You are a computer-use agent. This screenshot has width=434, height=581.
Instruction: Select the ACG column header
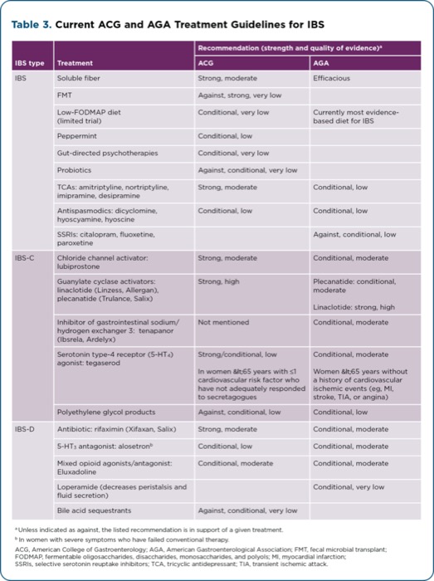(205, 63)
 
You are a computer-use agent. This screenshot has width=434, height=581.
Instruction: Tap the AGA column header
(320, 63)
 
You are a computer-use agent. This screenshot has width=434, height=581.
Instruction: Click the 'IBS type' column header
(29, 63)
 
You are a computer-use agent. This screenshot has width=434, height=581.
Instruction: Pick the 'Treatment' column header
(75, 63)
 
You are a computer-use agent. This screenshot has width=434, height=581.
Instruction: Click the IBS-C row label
(26, 258)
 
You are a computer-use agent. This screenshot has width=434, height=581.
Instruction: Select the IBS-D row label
(26, 429)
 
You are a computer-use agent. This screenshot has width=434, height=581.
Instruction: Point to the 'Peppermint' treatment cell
(78, 135)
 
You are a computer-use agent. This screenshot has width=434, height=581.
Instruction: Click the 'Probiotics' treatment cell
(75, 170)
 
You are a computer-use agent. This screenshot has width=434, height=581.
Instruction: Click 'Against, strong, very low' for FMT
(240, 95)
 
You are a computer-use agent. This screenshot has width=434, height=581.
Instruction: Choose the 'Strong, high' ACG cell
(219, 281)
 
